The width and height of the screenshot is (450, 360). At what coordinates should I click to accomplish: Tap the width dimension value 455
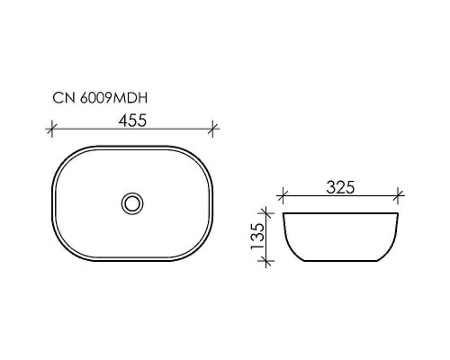(131, 117)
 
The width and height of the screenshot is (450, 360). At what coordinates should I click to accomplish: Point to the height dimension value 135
(256, 236)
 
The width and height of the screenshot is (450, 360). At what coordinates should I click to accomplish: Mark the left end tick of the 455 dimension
(49, 129)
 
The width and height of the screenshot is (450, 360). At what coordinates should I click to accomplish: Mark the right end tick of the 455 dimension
(212, 129)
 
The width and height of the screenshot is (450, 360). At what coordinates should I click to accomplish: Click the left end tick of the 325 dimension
(283, 195)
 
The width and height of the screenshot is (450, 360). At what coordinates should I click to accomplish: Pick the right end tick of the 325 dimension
(397, 195)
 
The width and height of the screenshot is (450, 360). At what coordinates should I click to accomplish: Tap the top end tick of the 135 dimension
(266, 213)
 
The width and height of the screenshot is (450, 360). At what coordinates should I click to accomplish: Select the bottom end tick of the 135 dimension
(266, 260)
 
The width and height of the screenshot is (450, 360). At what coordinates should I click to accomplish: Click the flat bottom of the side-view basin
(340, 261)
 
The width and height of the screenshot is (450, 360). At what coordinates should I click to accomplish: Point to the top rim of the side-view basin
(340, 213)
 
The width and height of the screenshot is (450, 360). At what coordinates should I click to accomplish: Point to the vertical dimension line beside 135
(266, 237)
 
